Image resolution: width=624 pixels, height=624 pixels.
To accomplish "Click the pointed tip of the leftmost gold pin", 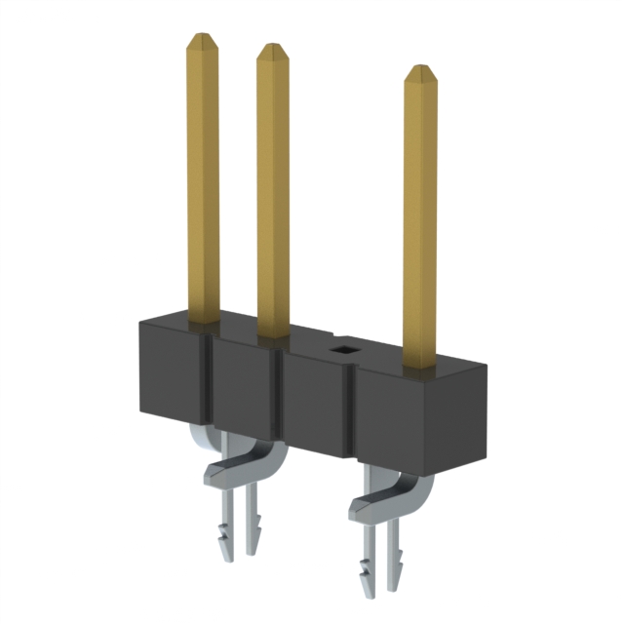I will point(202,41).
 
